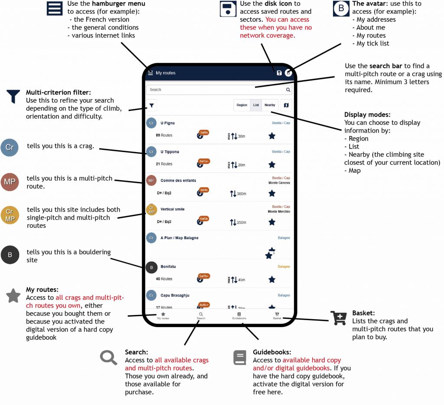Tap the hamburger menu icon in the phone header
point(150,73)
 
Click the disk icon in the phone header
point(279,73)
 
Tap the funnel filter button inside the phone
point(152,105)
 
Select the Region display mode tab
point(242,105)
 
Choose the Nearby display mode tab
point(270,105)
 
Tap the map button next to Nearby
point(286,105)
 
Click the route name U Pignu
point(167,123)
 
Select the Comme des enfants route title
point(178,180)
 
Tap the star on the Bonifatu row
point(272,279)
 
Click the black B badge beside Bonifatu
point(151,267)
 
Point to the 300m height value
point(241,194)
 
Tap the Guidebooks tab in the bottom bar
point(239,315)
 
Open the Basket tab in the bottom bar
point(277,315)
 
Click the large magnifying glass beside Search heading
point(109,357)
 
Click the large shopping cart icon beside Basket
point(339,318)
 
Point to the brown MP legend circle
point(10,181)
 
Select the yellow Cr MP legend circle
point(10,215)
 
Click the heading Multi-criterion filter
point(61,92)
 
